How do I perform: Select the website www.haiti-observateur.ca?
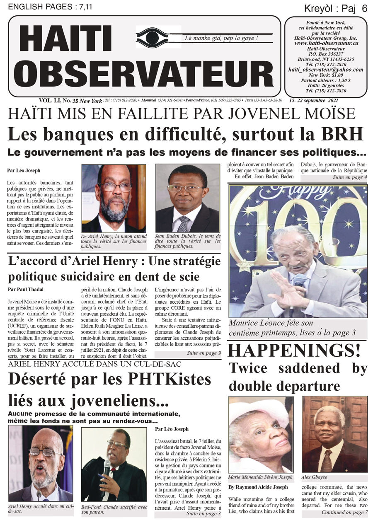(327, 43)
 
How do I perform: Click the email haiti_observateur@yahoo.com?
(326, 70)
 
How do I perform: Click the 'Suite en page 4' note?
(349, 177)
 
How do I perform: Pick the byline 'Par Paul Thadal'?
(25, 289)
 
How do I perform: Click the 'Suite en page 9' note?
(203, 353)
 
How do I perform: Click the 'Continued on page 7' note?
(344, 513)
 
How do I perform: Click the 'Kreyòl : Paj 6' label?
(336, 8)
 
